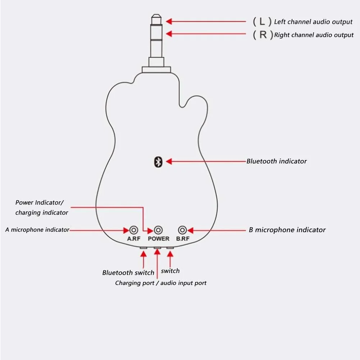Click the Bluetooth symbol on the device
coord(158,162)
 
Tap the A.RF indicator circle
coord(134,230)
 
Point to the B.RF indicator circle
coord(183,230)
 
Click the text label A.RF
coord(134,239)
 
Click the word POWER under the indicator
coord(158,239)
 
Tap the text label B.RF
coord(183,239)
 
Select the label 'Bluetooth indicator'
coord(277,161)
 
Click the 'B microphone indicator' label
coord(287,230)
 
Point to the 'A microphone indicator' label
coord(37,230)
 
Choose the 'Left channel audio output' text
coord(313,22)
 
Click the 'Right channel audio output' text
coord(314,35)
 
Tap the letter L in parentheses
coord(263,22)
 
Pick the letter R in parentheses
coord(263,35)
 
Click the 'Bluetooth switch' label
coord(128,273)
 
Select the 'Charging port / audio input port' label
coord(161,283)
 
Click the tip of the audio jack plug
coord(157,17)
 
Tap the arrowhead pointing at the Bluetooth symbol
coord(169,162)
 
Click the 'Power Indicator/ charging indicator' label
coord(42,208)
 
